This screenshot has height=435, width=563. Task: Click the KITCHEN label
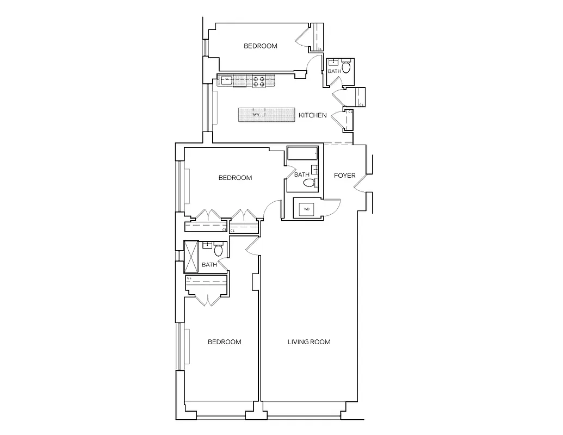(313, 115)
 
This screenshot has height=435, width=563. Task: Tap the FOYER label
(344, 176)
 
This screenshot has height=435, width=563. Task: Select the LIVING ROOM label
(309, 342)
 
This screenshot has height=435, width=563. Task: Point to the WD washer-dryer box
(306, 208)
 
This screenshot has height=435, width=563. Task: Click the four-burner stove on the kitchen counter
(258, 82)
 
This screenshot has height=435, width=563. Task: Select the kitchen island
(267, 115)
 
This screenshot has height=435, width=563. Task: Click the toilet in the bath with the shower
(219, 251)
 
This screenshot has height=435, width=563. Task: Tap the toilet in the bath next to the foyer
(309, 184)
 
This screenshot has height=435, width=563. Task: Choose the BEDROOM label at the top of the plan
(260, 46)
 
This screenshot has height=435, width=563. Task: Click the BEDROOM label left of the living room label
(225, 342)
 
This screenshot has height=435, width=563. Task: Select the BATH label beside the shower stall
(209, 265)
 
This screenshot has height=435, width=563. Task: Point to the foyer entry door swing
(360, 183)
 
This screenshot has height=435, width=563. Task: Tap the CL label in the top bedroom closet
(319, 49)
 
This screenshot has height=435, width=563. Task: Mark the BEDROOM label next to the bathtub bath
(235, 178)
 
